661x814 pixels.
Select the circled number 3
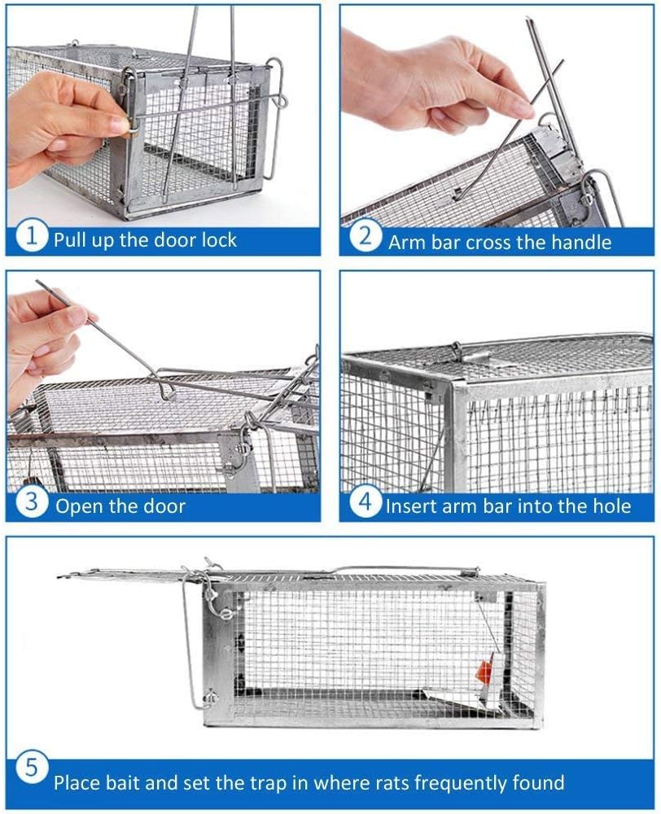coord(32,502)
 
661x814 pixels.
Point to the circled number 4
coord(366,502)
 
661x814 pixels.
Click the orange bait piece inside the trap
coord(484,671)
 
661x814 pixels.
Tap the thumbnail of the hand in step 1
coord(116,125)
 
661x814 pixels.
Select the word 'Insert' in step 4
coord(410,505)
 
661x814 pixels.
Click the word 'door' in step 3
coord(164,506)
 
